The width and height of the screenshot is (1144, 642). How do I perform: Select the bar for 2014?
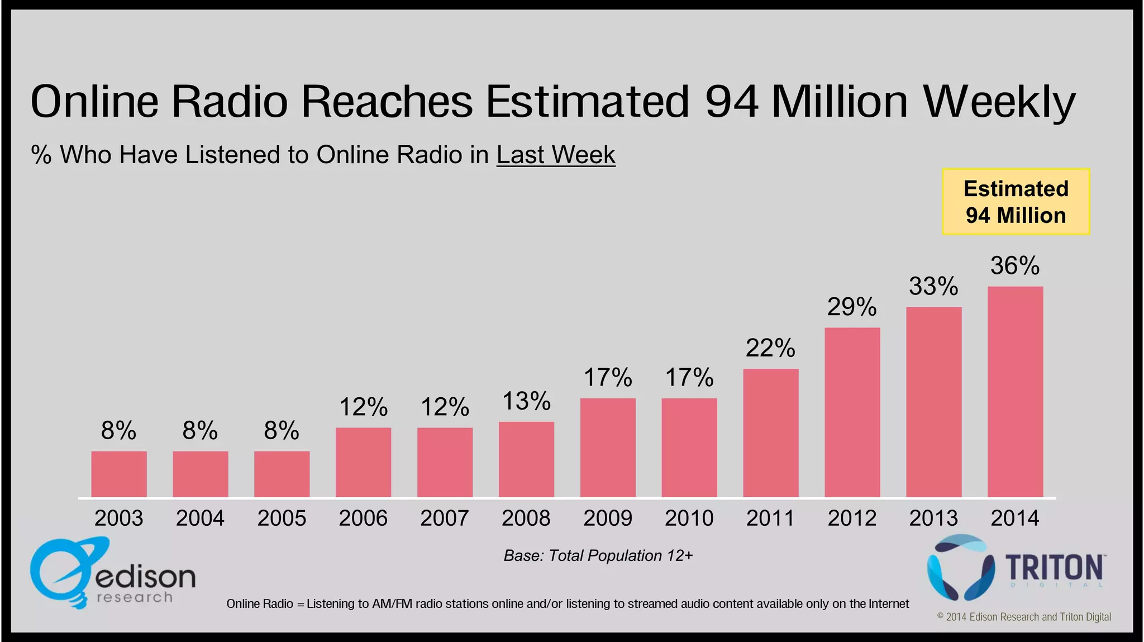pos(1015,391)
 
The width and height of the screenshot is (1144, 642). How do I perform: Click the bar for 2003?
pos(119,474)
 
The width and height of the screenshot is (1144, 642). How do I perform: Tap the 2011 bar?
pos(770,433)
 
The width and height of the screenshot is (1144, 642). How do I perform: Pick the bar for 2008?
pos(526,459)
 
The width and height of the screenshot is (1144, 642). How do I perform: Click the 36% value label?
pos(1014,266)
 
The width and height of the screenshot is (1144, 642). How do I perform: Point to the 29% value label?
pos(851,307)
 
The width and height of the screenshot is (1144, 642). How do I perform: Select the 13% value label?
pos(526,401)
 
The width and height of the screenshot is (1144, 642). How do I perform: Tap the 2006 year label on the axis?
pos(363,518)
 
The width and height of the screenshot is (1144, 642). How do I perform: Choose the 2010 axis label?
pos(689,518)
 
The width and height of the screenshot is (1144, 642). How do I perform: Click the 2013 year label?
pos(933,518)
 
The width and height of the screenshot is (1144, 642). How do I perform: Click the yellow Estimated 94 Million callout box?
pos(1016,202)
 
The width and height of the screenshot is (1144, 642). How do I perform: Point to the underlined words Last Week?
pos(556,155)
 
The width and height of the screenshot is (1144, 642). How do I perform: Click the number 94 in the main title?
pos(731,101)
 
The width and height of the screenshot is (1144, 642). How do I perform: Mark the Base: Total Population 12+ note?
pos(598,555)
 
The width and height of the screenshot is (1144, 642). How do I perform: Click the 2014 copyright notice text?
pos(1023,617)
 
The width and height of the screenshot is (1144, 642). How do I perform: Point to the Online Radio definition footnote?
pos(568,603)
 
